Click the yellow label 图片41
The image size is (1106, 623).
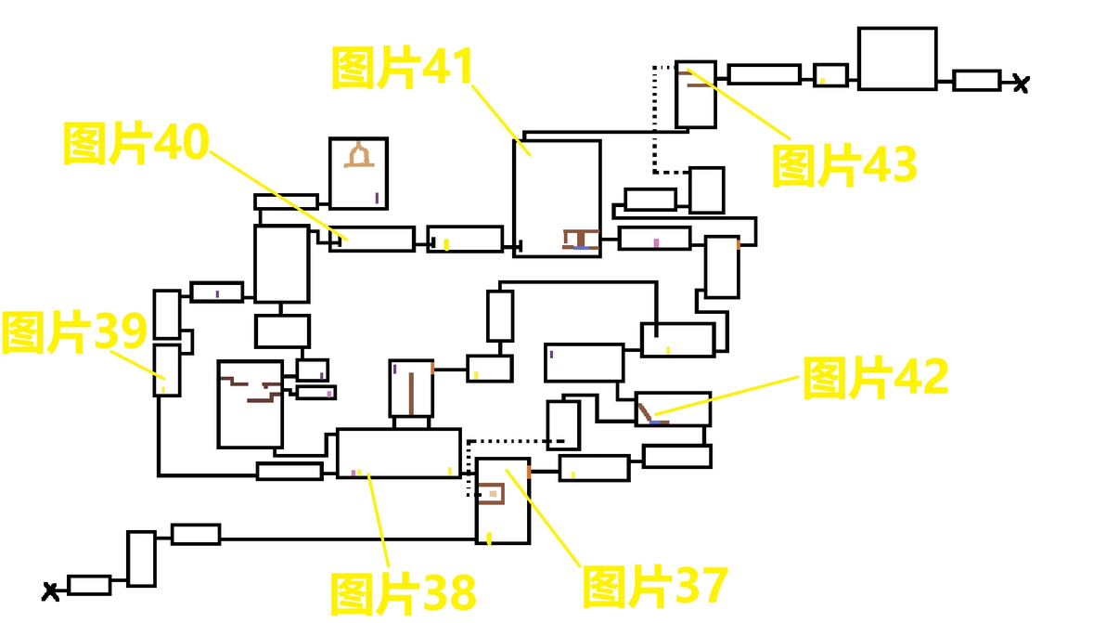pyautogui.click(x=402, y=68)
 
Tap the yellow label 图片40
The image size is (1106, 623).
pyautogui.click(x=136, y=143)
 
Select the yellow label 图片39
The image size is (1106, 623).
pyautogui.click(x=74, y=331)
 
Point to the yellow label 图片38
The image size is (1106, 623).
pyautogui.click(x=403, y=593)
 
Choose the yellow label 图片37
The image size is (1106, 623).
pyautogui.click(x=654, y=586)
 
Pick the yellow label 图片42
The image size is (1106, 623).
pyautogui.click(x=875, y=378)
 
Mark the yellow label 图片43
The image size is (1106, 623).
pyautogui.click(x=844, y=165)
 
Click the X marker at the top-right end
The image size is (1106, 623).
pyautogui.click(x=1021, y=84)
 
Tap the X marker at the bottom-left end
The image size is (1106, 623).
pyautogui.click(x=50, y=591)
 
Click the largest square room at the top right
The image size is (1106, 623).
pyautogui.click(x=897, y=58)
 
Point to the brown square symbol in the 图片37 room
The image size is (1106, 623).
pyautogui.click(x=492, y=493)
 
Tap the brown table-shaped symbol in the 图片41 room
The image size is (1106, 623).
pyautogui.click(x=581, y=240)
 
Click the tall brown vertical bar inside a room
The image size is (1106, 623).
pyautogui.click(x=411, y=394)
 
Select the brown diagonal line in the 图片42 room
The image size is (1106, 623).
pyautogui.click(x=645, y=412)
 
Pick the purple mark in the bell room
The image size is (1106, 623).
pyautogui.click(x=378, y=198)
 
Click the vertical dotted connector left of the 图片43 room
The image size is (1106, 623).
pyautogui.click(x=655, y=120)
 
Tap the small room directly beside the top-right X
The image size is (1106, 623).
pyautogui.click(x=977, y=81)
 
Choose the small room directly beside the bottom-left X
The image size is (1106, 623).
pyautogui.click(x=90, y=585)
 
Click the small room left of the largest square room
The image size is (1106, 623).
pyautogui.click(x=831, y=75)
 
